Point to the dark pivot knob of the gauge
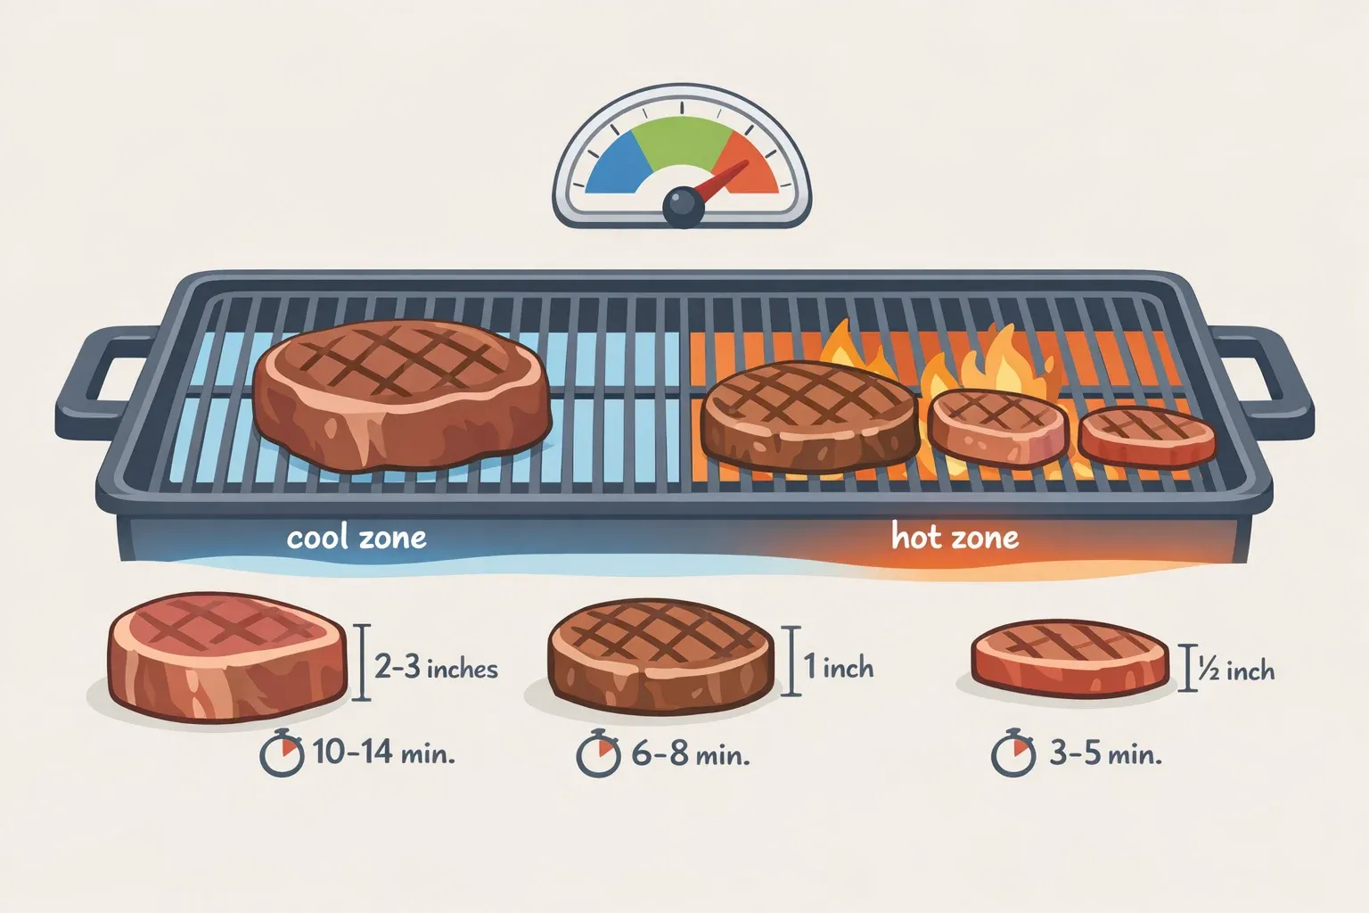[683, 207]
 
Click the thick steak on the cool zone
[402, 395]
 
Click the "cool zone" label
[357, 538]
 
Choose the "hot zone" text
[955, 537]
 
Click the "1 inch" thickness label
[839, 666]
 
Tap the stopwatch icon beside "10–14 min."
[282, 753]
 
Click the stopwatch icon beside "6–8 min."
[598, 753]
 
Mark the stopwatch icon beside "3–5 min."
[1013, 753]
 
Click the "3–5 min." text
[1105, 754]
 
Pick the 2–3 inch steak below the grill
[227, 657]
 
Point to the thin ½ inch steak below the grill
[1070, 659]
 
